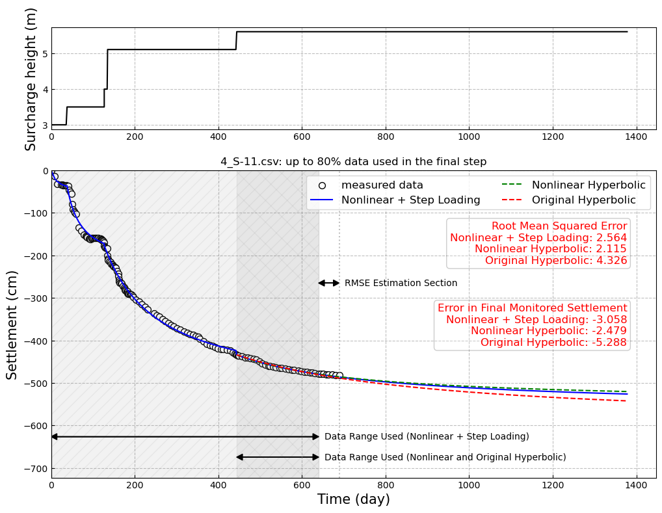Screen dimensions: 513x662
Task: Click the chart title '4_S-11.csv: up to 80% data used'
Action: [x=353, y=162]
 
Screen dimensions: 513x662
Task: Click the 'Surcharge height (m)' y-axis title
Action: [x=31, y=79]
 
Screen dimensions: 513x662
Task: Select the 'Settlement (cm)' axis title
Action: [x=12, y=324]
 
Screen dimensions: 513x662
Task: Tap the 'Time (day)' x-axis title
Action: [x=353, y=499]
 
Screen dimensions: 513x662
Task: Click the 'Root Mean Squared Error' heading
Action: [x=559, y=226]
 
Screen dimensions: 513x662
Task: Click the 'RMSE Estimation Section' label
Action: [x=401, y=283]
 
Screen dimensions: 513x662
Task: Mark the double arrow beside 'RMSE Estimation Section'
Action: [x=328, y=283]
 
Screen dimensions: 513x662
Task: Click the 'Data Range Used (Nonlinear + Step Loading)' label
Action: [x=427, y=437]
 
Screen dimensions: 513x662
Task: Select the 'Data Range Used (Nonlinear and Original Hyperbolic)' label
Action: [x=445, y=458]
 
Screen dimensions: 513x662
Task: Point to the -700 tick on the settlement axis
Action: [x=36, y=468]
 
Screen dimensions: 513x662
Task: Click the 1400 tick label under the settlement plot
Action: [x=636, y=485]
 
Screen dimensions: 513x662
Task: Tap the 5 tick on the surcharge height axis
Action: [x=44, y=53]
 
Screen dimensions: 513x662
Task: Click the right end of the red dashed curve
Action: [x=627, y=401]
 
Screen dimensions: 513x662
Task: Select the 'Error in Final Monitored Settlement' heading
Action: [x=532, y=308]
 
